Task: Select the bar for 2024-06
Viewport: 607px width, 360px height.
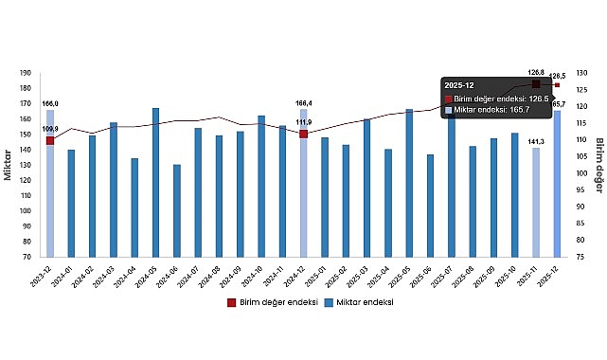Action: coord(176,210)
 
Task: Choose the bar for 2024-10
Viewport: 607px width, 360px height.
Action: coord(261,186)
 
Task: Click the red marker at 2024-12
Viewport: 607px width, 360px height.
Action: coord(303,134)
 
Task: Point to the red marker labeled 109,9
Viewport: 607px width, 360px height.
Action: coord(50,140)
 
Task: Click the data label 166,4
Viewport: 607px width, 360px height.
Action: coord(304,103)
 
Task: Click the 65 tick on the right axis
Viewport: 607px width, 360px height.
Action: coord(580,256)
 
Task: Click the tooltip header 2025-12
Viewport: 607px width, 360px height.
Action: coord(460,85)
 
